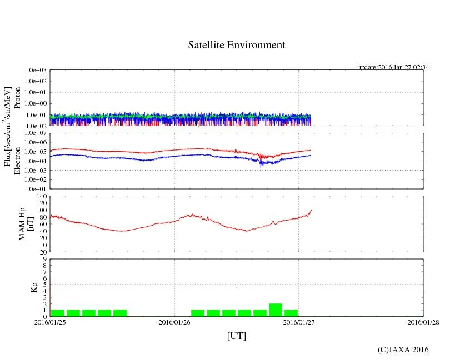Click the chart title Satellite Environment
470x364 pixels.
[x=237, y=45]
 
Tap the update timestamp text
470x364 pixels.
[x=393, y=67]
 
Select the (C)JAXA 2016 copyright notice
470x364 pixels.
[x=403, y=350]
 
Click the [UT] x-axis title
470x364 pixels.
[x=236, y=336]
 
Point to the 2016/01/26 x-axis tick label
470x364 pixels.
[x=174, y=322]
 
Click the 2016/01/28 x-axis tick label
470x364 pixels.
[x=423, y=322]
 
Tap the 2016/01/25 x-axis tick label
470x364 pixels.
[x=50, y=322]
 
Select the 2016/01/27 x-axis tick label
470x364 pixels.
[x=299, y=322]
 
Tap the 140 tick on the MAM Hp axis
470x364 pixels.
[x=41, y=196]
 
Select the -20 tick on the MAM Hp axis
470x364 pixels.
[x=41, y=252]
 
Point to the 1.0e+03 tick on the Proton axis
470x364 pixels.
[x=34, y=71]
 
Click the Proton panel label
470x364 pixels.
[x=17, y=98]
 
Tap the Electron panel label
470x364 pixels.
[x=17, y=161]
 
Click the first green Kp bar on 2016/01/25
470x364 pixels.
[x=58, y=313]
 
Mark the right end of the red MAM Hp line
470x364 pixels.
[x=312, y=210]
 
